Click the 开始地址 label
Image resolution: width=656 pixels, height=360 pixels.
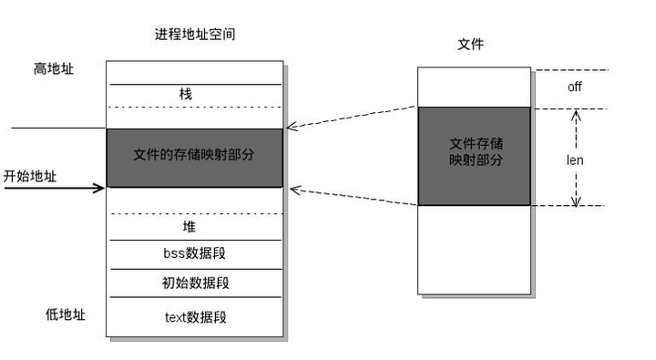(x=30, y=176)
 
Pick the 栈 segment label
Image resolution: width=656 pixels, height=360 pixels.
(x=187, y=94)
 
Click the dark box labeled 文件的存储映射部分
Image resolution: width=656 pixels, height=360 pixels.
(x=194, y=157)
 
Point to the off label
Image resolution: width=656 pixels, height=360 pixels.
(x=574, y=87)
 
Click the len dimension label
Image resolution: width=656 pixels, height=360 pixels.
(x=575, y=159)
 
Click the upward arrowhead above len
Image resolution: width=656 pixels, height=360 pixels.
(x=575, y=116)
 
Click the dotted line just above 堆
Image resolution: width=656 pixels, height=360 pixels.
(x=194, y=213)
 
